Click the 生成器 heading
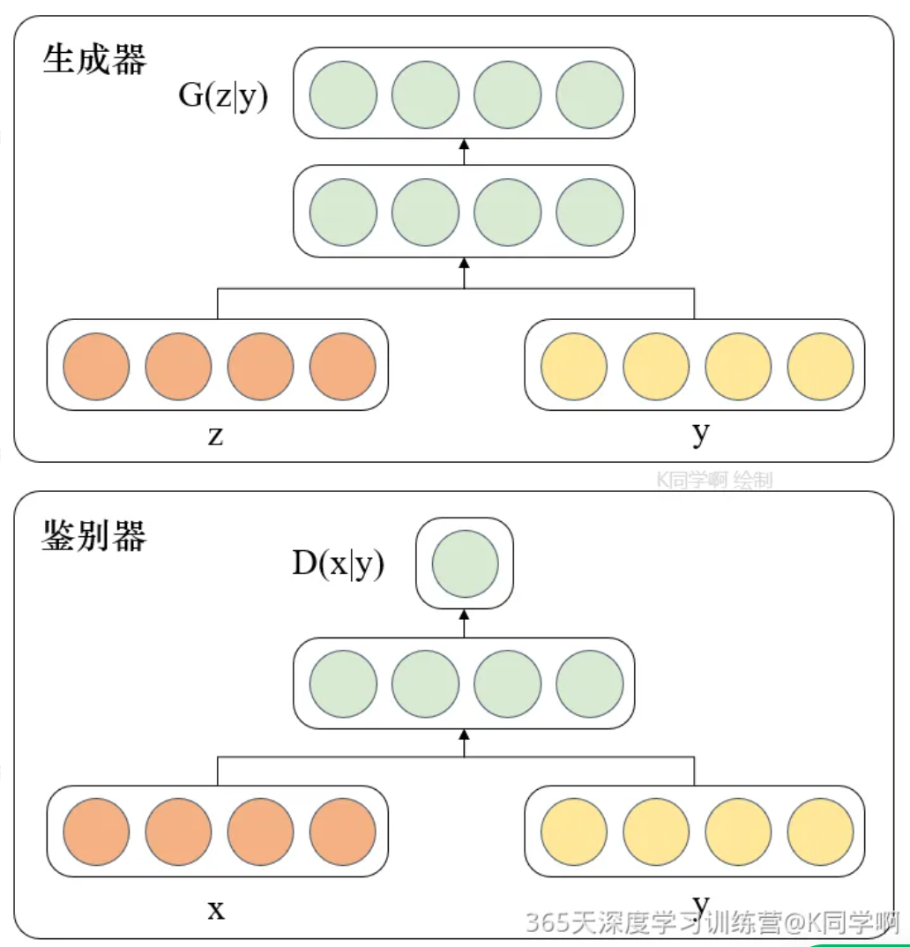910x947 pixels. (94, 61)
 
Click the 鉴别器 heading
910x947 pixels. (94, 536)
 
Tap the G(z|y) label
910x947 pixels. (223, 96)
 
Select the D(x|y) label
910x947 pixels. (339, 564)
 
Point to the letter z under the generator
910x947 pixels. (215, 436)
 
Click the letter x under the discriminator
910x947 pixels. (216, 909)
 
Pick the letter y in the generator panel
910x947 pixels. (701, 433)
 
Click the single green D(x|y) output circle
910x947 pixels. (465, 563)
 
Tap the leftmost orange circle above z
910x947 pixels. (96, 366)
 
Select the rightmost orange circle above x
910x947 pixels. (342, 833)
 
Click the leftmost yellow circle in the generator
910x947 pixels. (574, 366)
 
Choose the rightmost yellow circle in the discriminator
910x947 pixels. (820, 833)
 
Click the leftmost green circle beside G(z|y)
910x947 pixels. (344, 94)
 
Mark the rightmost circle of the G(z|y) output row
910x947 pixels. (590, 94)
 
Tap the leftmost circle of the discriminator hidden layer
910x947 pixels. (344, 685)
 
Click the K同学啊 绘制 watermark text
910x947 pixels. (714, 480)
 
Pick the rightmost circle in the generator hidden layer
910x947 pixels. (590, 213)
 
